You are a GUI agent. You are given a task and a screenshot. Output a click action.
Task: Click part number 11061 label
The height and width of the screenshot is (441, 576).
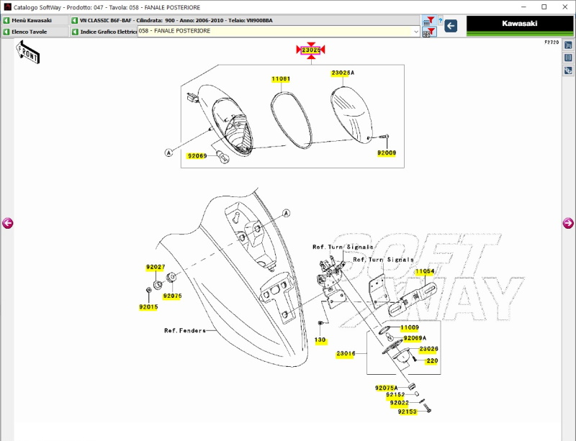[281, 78]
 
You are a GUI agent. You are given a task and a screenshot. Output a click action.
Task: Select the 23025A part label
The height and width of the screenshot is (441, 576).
[342, 73]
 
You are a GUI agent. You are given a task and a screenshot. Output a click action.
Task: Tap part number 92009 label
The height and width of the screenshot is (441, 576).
[387, 153]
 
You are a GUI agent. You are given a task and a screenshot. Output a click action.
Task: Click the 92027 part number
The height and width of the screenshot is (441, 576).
[156, 267]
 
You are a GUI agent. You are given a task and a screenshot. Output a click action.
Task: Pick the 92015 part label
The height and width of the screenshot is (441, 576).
[148, 307]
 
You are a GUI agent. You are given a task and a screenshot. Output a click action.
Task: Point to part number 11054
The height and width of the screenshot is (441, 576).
[425, 272]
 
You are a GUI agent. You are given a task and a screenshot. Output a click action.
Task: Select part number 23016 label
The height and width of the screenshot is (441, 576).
[346, 353]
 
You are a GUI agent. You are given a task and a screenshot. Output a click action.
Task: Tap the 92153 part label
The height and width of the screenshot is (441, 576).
[407, 412]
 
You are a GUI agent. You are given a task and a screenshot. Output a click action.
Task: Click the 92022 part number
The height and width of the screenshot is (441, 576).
[400, 403]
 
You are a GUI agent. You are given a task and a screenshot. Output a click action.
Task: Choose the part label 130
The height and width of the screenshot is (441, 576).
[320, 340]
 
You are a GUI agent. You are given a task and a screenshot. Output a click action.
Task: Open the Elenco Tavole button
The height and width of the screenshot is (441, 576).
[34, 32]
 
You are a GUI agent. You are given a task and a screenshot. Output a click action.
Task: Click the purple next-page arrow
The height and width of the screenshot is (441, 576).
[568, 224]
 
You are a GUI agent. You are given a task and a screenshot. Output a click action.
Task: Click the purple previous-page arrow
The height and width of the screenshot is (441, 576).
[8, 224]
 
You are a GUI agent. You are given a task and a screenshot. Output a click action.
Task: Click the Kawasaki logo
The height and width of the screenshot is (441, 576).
[519, 24]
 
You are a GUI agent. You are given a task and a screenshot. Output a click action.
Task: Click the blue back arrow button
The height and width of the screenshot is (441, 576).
[451, 26]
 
